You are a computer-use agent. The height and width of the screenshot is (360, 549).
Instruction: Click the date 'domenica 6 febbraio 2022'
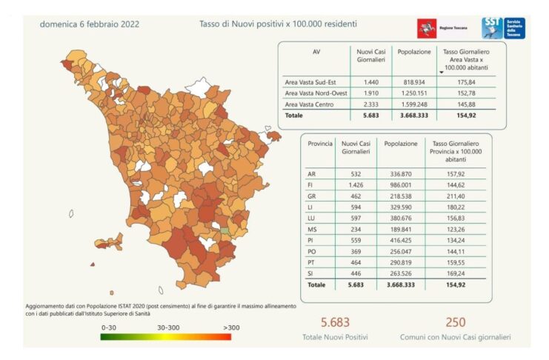click(x=90, y=24)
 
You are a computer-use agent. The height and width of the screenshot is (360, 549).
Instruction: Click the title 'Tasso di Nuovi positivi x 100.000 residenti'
click(x=278, y=24)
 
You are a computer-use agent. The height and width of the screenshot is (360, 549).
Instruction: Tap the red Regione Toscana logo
click(x=427, y=28)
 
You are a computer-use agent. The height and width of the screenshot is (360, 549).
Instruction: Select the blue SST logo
click(x=503, y=28)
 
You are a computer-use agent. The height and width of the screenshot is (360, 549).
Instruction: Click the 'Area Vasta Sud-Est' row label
click(x=310, y=82)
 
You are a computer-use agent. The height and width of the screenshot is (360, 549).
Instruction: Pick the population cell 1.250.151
click(x=414, y=93)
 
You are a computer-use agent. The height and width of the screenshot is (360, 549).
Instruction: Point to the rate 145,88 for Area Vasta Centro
click(x=466, y=104)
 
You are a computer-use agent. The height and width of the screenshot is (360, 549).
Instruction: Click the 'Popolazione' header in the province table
click(x=401, y=144)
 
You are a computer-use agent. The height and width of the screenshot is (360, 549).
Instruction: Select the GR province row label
click(x=312, y=196)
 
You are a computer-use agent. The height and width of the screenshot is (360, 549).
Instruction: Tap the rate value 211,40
click(x=456, y=196)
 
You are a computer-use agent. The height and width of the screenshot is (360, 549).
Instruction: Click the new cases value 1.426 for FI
click(x=356, y=185)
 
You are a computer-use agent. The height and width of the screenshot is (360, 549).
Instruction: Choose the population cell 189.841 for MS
click(x=401, y=230)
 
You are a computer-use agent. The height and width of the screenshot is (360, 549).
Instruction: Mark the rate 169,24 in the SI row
click(x=456, y=273)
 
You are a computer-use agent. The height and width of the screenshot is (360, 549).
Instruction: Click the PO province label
click(x=312, y=251)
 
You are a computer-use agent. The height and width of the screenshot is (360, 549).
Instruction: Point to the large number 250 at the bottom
click(x=456, y=322)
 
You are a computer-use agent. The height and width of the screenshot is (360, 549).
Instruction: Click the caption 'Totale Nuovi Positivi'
click(x=335, y=337)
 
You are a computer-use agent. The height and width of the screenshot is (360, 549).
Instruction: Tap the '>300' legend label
click(x=231, y=328)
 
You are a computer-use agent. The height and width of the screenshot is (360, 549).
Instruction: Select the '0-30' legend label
click(x=108, y=328)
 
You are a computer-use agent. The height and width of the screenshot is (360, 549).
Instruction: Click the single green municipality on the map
click(x=224, y=231)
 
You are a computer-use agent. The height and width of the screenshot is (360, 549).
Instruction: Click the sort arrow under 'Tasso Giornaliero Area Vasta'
click(x=442, y=73)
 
